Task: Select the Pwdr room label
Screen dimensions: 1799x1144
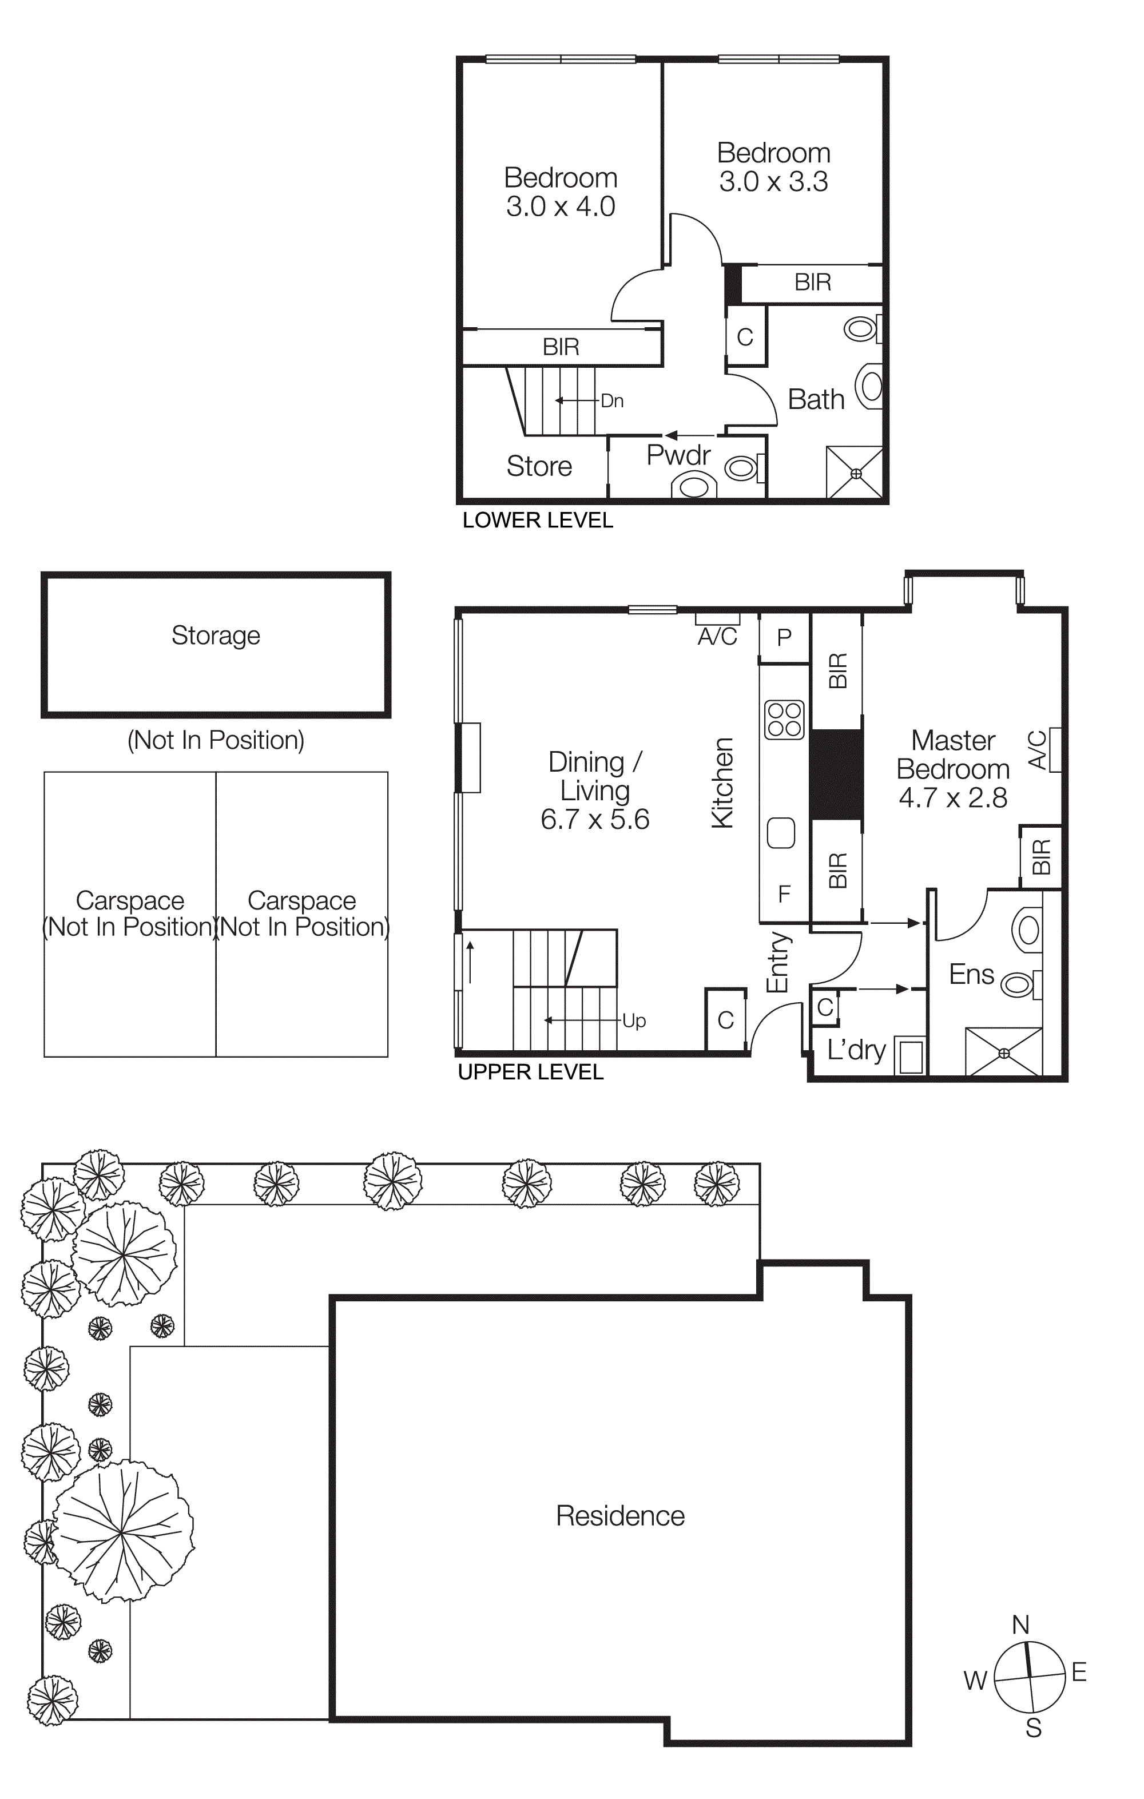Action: tap(678, 454)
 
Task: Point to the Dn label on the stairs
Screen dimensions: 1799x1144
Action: tap(612, 401)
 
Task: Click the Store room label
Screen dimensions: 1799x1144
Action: tap(539, 466)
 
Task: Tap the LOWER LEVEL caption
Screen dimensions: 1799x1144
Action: tap(537, 521)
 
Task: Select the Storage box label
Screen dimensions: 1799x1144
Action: tap(216, 635)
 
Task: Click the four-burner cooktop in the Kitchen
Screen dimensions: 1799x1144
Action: tap(784, 720)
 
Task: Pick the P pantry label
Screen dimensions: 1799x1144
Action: tap(784, 637)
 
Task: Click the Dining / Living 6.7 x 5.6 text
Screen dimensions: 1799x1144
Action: tap(595, 791)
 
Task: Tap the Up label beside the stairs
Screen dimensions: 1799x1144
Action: tap(634, 1020)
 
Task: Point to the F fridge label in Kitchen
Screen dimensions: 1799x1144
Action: tap(784, 893)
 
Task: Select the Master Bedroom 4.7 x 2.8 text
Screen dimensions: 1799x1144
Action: tap(953, 769)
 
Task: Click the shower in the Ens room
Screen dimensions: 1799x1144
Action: tap(1003, 1052)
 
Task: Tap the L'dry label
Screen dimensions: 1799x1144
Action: tap(856, 1050)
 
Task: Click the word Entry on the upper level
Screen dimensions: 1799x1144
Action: tap(777, 962)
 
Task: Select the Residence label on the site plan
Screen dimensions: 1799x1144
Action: tap(620, 1516)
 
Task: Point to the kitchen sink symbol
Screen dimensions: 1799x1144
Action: tap(781, 833)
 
